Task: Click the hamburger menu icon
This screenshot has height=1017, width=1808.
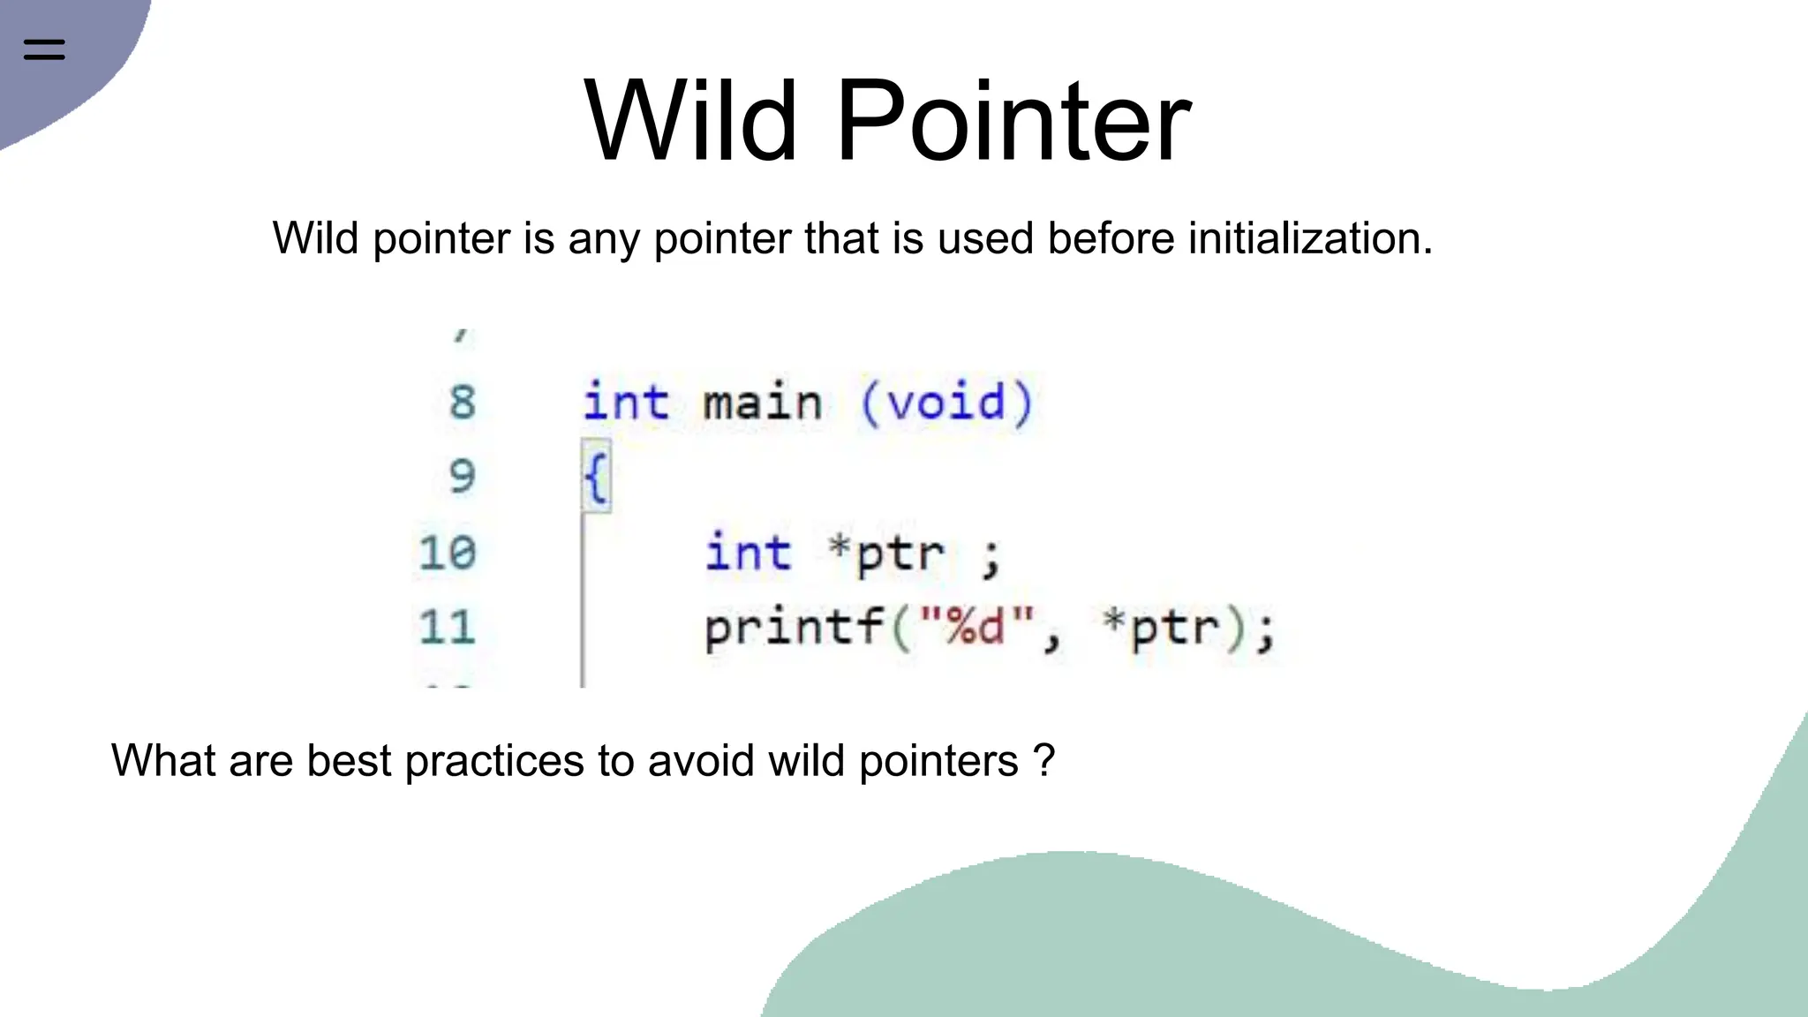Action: [44, 49]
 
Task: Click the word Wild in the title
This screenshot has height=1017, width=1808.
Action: [690, 121]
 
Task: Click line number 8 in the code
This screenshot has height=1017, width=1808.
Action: [462, 403]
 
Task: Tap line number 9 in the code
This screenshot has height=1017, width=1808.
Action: [462, 477]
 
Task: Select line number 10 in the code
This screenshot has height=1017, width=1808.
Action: [448, 554]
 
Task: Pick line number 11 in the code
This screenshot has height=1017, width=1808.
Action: [448, 628]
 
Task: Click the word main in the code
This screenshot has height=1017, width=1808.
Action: [763, 403]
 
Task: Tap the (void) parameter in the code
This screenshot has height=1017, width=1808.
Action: [946, 403]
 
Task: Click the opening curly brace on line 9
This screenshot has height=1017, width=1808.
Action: [596, 478]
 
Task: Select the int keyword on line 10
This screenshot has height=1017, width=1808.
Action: [747, 554]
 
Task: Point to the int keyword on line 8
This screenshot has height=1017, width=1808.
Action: [625, 403]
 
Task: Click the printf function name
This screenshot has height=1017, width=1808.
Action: [795, 629]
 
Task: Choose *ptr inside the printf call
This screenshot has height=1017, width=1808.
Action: [1163, 628]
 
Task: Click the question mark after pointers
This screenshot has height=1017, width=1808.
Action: [1044, 760]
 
